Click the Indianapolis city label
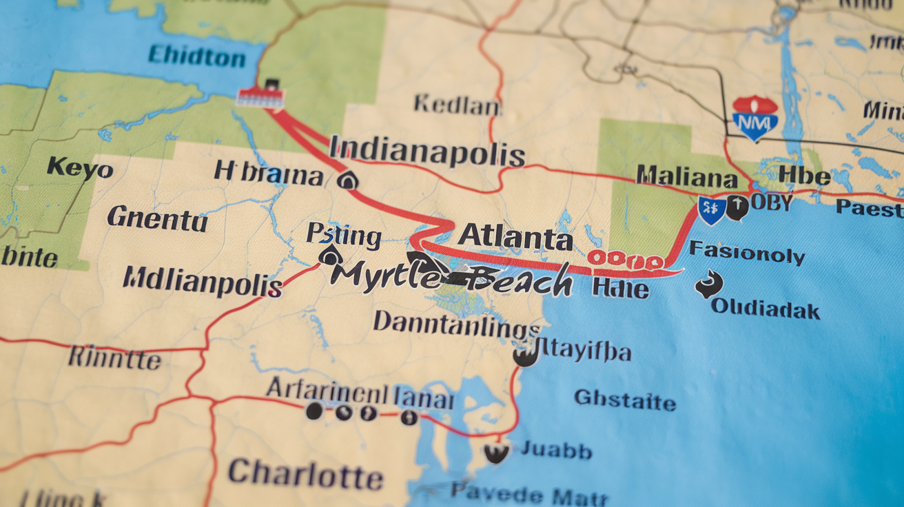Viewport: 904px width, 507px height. click(x=427, y=152)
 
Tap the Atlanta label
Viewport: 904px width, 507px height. click(x=515, y=238)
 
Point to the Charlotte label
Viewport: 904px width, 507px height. click(x=305, y=474)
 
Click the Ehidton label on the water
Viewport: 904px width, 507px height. click(x=196, y=56)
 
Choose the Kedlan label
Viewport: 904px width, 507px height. click(x=457, y=105)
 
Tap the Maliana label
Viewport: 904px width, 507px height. click(x=687, y=176)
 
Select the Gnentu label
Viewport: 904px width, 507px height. click(x=157, y=219)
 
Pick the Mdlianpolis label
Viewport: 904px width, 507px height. click(x=202, y=281)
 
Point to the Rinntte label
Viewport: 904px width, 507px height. click(x=114, y=358)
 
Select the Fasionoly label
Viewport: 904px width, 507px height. click(x=746, y=253)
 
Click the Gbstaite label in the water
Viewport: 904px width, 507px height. click(x=625, y=400)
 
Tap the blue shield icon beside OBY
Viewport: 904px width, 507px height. click(x=711, y=209)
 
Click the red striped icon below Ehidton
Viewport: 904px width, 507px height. click(x=260, y=96)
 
